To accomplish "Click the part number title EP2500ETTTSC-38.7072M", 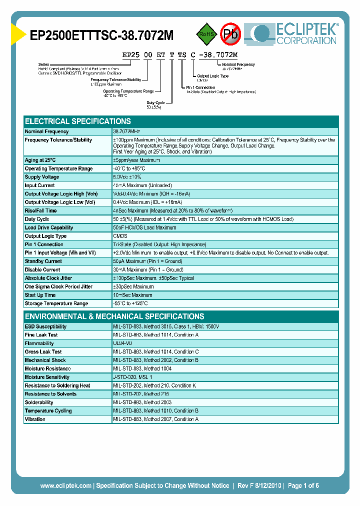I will coord(102,35).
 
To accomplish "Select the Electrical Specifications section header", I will coord(78,121).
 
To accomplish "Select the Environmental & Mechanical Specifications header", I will coord(114,316).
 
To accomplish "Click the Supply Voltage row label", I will coord(42,177).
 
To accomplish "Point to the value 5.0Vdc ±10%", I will coord(127,177).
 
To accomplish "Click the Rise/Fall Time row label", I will coord(40,211).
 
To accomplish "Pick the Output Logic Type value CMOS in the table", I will coord(120,236).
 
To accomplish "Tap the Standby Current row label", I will coord(43,261).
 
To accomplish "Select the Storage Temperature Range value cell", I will coord(130,303).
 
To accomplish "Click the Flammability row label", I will coord(39,343).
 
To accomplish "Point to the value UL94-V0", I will coord(123,343).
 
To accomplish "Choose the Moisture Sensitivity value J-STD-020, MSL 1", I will coord(132,377).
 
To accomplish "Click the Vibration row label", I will coord(35,419).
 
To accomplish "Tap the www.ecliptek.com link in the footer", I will coord(65,485).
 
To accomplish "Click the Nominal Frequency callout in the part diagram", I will coord(238,64).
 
